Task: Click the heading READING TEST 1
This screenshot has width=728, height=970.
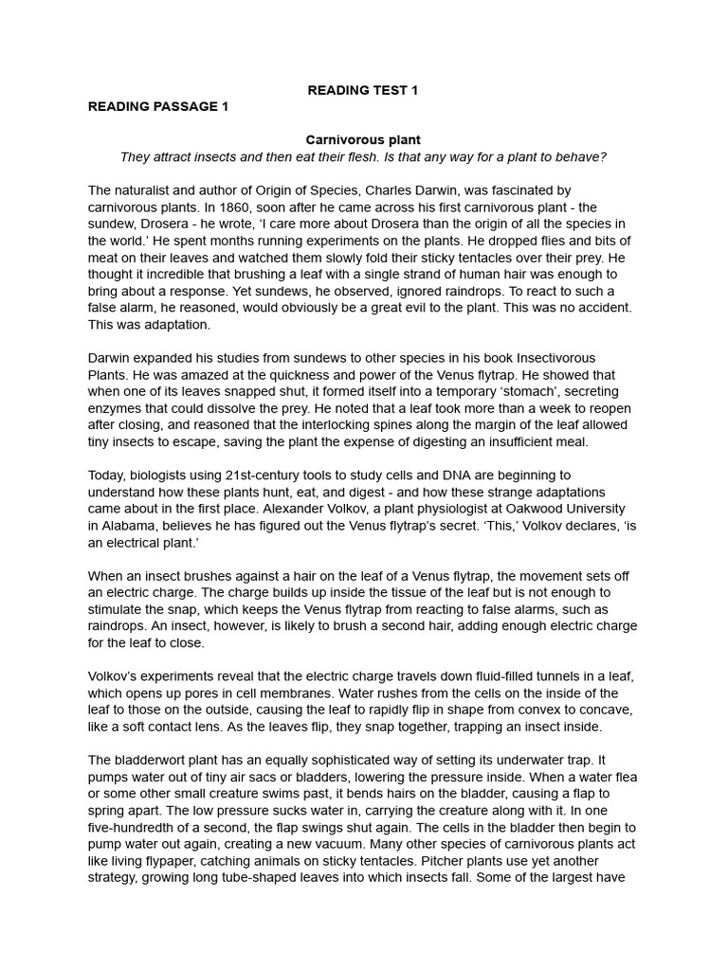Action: pos(363,90)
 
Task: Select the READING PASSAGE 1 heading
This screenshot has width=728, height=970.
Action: pos(158,106)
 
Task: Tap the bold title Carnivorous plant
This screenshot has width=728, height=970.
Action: pos(363,140)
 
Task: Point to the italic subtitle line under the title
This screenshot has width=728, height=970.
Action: pos(363,156)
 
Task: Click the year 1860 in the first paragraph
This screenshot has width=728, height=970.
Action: pos(235,207)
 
